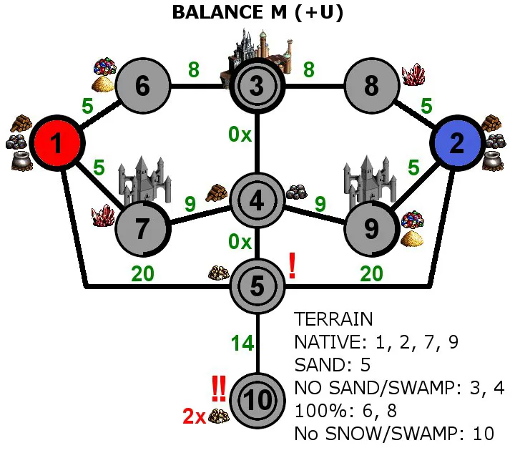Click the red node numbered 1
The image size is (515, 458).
(x=57, y=143)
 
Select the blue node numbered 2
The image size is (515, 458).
(x=458, y=143)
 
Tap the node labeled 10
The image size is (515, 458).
(x=257, y=401)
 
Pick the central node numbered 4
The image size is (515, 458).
(x=257, y=200)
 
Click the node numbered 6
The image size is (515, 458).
(x=143, y=86)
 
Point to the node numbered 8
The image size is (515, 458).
(x=372, y=86)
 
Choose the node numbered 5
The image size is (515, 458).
(x=257, y=286)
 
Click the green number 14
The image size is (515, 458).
(x=242, y=343)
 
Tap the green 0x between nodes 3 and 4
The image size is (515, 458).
(x=240, y=135)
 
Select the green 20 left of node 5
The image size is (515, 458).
(x=142, y=273)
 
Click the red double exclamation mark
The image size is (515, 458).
(x=218, y=389)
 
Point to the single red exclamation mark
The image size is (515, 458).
(x=293, y=265)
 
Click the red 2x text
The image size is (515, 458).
(x=194, y=416)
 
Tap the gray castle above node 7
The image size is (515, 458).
(x=144, y=180)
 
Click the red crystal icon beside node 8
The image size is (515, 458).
(x=413, y=74)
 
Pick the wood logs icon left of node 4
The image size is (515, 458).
(x=216, y=193)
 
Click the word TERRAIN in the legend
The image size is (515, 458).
(x=333, y=319)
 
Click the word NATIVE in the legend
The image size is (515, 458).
(x=329, y=342)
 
